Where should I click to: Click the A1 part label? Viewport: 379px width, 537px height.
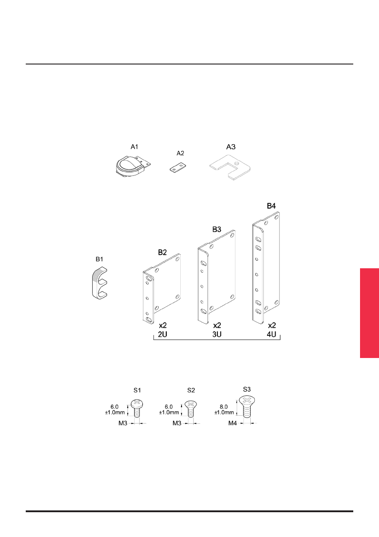pyautogui.click(x=134, y=147)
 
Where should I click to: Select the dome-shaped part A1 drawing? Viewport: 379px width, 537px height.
pyautogui.click(x=133, y=166)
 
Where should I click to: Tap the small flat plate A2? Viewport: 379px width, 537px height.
pyautogui.click(x=178, y=167)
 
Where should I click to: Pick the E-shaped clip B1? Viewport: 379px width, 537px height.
pyautogui.click(x=99, y=284)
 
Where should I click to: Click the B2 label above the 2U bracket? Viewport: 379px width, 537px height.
pyautogui.click(x=162, y=252)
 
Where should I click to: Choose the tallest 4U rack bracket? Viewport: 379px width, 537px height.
pyautogui.click(x=266, y=267)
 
